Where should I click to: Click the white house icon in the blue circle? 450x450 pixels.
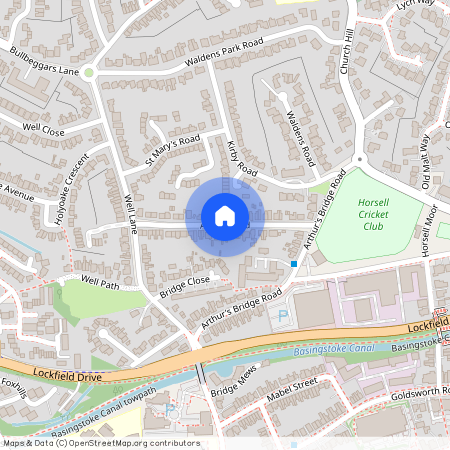point(225,216)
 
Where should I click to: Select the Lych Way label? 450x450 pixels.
point(411,7)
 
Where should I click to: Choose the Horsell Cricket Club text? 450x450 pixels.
point(373,214)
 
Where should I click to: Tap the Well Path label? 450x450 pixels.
point(100,282)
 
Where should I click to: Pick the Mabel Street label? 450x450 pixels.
point(291,389)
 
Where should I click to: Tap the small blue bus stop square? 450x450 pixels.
point(294,263)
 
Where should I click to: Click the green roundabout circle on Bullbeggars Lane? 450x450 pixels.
point(89,72)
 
